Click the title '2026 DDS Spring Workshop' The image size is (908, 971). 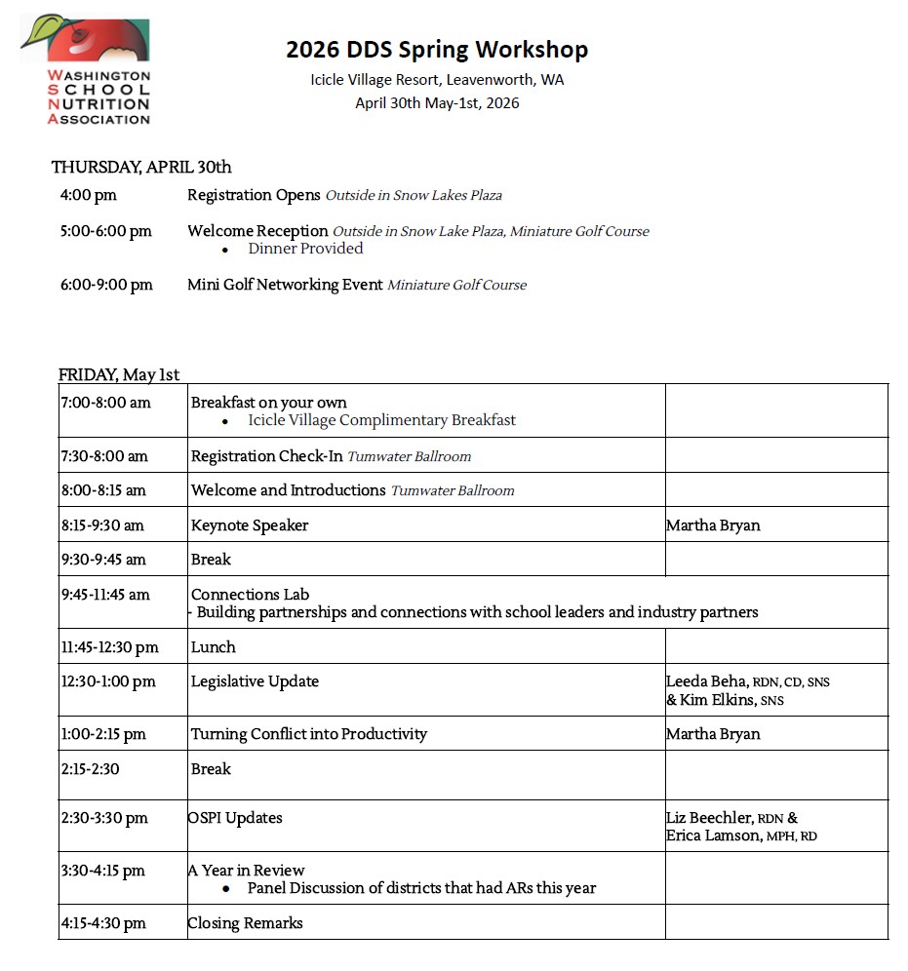[437, 49]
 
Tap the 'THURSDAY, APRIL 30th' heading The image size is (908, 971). [141, 167]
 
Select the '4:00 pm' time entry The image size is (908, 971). [88, 195]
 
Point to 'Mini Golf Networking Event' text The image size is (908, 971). [285, 285]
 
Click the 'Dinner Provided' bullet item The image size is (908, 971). [305, 249]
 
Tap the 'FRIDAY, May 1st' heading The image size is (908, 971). [119, 374]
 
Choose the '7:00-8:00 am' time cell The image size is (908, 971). [105, 403]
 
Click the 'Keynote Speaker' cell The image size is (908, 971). [250, 525]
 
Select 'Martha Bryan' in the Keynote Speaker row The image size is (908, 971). [713, 525]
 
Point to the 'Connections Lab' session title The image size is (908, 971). [251, 594]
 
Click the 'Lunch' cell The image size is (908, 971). [214, 647]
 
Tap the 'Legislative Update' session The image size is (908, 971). [255, 681]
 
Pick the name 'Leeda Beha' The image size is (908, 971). [707, 681]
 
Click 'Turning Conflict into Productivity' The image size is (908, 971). [309, 734]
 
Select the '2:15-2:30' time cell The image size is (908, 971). [90, 769]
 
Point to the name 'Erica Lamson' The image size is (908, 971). [712, 835]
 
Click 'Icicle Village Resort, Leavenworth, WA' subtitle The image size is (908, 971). [437, 80]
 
